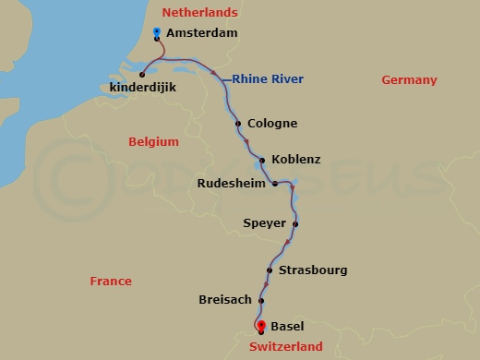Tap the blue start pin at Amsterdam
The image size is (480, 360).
(x=157, y=33)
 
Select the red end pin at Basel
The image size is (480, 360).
(x=261, y=326)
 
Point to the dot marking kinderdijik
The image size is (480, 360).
(x=142, y=75)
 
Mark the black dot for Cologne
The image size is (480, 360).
(x=238, y=124)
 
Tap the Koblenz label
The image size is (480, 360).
(x=291, y=159)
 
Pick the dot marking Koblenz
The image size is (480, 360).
(x=262, y=160)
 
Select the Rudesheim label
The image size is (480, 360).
(x=232, y=184)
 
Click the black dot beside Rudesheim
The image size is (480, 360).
(x=274, y=184)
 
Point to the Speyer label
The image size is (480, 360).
(x=263, y=222)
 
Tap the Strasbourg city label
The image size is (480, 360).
(x=312, y=270)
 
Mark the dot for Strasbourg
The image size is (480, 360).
(x=269, y=270)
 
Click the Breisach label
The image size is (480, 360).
(x=224, y=300)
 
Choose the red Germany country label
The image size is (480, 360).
(x=409, y=80)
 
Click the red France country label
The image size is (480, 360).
(x=111, y=281)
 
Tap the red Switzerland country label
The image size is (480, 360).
(x=286, y=347)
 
